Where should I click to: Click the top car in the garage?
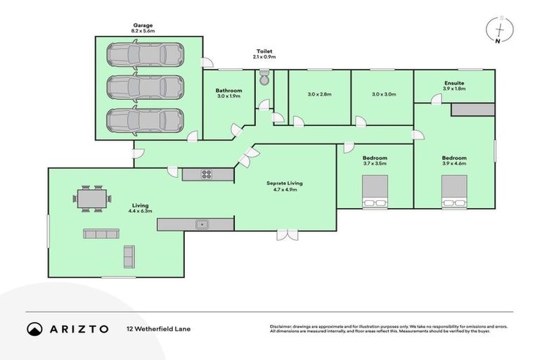pos(145,54)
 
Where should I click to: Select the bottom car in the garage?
pos(145,120)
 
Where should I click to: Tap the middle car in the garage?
pos(145,87)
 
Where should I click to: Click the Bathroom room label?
pos(229,90)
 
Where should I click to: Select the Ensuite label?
pos(454,83)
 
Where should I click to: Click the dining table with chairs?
pos(92,199)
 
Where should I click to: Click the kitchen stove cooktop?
pos(207,174)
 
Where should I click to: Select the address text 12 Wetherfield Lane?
pos(158,329)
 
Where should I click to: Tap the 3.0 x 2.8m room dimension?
pos(319,94)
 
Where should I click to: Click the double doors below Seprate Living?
pos(286,235)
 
